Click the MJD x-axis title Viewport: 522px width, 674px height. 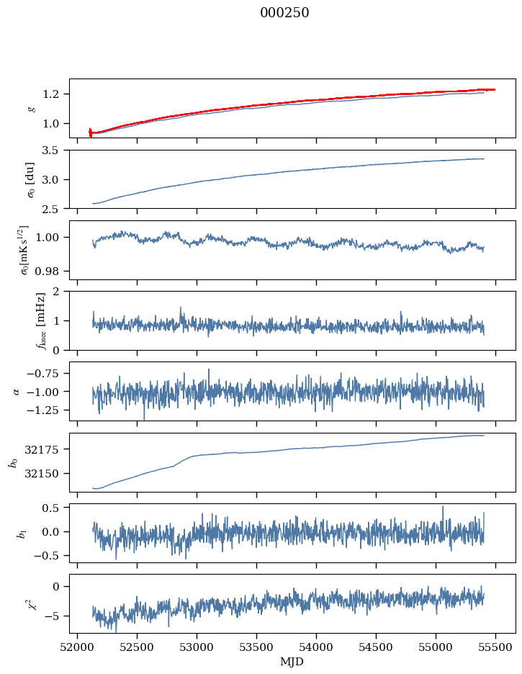coord(292,661)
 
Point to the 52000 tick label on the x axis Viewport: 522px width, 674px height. coord(77,647)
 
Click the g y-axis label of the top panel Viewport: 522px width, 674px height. coord(31,108)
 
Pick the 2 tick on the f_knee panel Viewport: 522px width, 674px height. coord(60,292)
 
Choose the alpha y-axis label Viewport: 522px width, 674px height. coord(17,391)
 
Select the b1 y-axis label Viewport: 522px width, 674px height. coord(22,532)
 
